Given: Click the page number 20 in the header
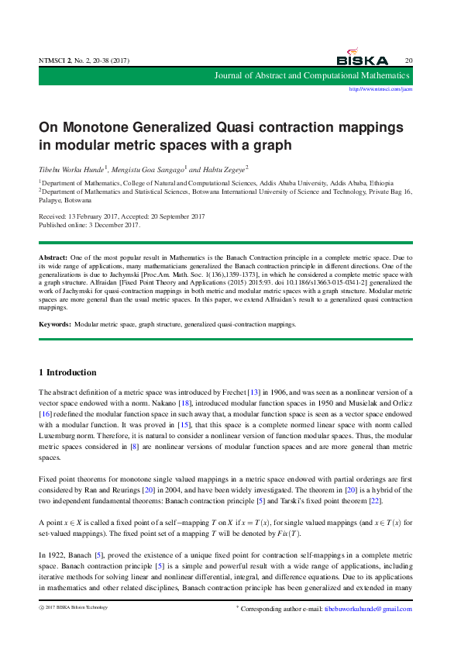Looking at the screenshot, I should (x=408, y=60).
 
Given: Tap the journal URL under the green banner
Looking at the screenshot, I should (x=380, y=89).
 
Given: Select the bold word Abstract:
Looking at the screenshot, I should (x=53, y=256).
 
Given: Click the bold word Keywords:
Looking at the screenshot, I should (x=56, y=324).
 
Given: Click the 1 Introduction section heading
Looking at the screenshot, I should (x=68, y=372).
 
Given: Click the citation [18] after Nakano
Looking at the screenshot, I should (x=184, y=404).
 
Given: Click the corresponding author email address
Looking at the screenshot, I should (x=368, y=609).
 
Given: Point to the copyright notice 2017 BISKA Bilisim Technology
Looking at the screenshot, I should (x=77, y=607).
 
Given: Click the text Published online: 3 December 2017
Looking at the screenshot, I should (x=89, y=225).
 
